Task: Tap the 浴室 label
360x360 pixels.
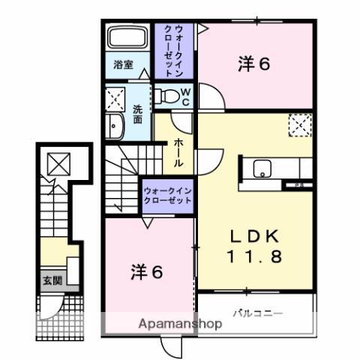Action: point(124,64)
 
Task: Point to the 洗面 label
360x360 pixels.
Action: point(137,112)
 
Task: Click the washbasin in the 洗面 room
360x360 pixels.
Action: point(115,127)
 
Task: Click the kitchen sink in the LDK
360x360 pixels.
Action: point(262,168)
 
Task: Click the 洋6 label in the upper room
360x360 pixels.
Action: point(253,64)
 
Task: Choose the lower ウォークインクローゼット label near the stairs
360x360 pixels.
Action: point(167,196)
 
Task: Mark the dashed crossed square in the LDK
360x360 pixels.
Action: point(298,125)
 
